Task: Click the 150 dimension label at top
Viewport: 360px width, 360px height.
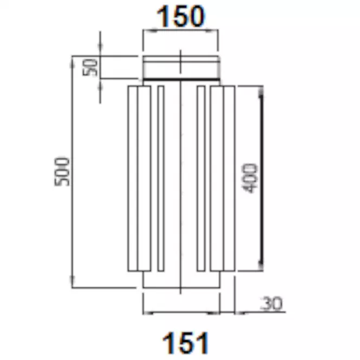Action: point(180,16)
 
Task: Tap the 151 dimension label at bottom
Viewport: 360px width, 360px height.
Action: point(186,343)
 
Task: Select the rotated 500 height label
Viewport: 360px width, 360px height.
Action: point(62,172)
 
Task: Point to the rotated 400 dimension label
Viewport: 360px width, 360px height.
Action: point(250,178)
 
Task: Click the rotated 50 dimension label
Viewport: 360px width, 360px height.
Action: point(90,67)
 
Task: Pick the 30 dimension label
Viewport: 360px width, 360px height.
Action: point(271,303)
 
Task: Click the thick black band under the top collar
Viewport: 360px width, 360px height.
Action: point(181,80)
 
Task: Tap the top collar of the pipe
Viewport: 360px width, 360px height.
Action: point(181,67)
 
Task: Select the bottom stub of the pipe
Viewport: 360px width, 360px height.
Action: point(181,279)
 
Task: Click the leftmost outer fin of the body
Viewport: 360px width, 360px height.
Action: point(133,179)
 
